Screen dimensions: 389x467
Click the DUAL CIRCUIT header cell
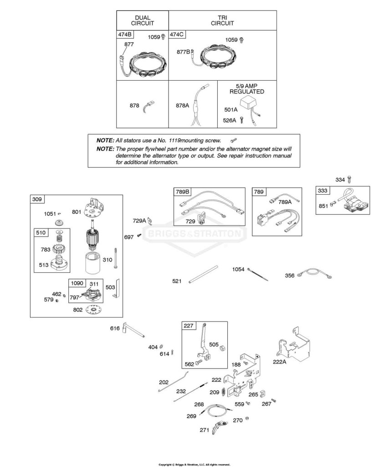pos(143,20)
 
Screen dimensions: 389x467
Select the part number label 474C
pos(177,35)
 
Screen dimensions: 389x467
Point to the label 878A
pos(182,105)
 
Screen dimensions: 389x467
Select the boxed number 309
pos(37,199)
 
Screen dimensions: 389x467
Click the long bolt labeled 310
pos(114,259)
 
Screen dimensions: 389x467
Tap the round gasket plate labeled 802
pos(94,310)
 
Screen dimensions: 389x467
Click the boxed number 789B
pos(182,192)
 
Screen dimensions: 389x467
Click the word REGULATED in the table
pos(246,92)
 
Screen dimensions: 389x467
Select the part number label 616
pos(115,328)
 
